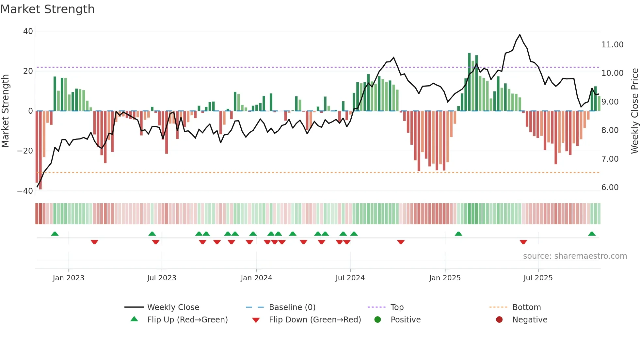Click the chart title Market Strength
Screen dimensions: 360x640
click(x=47, y=9)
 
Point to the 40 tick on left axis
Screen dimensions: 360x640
click(x=28, y=31)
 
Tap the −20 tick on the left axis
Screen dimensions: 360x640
click(x=25, y=151)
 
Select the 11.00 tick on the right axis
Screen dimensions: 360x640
click(x=612, y=45)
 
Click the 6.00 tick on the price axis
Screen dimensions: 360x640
click(x=610, y=188)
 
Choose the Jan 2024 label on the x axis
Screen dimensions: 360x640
click(x=256, y=278)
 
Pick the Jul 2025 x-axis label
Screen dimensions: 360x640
click(x=538, y=278)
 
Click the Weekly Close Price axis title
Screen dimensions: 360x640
click(x=634, y=111)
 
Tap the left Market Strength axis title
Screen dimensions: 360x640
click(x=5, y=111)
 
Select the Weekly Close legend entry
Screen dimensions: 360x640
click(x=173, y=307)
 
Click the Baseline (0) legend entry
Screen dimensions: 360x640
click(x=292, y=307)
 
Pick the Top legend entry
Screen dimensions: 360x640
click(x=397, y=307)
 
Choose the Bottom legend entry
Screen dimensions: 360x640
click(x=526, y=307)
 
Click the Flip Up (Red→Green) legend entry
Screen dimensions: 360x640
click(x=187, y=320)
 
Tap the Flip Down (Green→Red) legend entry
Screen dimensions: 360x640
click(x=315, y=320)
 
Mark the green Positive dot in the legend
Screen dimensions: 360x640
click(x=378, y=320)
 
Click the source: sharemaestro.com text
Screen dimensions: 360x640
click(x=575, y=256)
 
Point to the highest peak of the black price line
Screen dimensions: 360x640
click(x=520, y=35)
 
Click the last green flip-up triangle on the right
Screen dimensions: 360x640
click(x=592, y=234)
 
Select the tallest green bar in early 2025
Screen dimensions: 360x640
click(x=469, y=82)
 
